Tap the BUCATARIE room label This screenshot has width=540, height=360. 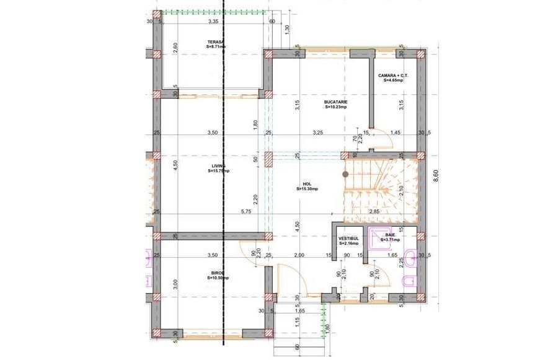(335, 103)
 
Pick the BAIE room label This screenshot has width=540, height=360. (391, 237)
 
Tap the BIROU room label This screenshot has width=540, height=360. (218, 276)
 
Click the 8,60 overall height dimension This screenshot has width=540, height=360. (436, 175)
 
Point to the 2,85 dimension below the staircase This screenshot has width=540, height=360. (375, 212)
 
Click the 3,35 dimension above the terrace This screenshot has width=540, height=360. (213, 21)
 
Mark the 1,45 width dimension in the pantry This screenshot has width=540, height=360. (396, 133)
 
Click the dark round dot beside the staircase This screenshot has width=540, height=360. (345, 175)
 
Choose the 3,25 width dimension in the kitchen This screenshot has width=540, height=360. (318, 133)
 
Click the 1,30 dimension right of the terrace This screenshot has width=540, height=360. (286, 30)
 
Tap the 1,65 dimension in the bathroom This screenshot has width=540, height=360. (392, 255)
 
